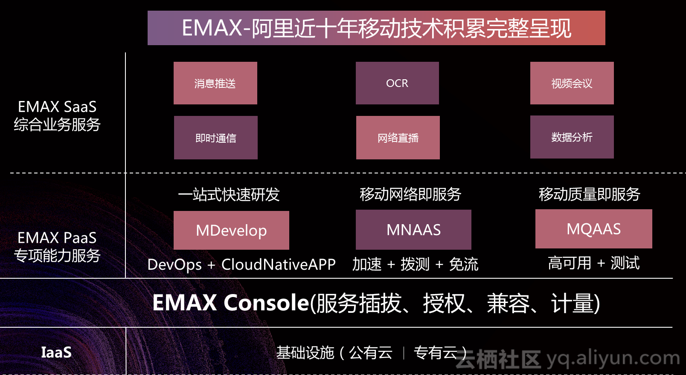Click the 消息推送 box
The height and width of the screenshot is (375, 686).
215,83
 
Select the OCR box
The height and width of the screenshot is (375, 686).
397,83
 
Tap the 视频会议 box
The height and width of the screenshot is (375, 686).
572,83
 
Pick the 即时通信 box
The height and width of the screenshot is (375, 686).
216,138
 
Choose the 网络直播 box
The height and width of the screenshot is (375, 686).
398,138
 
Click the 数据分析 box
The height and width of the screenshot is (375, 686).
572,137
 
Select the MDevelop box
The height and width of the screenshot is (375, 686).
231,230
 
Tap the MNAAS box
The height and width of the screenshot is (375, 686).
413,230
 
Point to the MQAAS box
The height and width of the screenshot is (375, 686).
594,229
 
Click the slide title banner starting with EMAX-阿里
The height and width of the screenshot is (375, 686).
376,28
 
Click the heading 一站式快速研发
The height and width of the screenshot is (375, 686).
229,194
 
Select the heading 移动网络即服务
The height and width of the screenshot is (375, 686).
410,194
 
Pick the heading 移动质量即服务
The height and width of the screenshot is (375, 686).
590,194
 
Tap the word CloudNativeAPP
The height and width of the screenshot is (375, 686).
279,265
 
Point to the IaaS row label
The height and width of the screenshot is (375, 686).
56,352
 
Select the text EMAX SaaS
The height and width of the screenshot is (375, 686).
57,107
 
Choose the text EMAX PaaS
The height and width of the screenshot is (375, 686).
57,238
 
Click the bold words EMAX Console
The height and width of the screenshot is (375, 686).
231,303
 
